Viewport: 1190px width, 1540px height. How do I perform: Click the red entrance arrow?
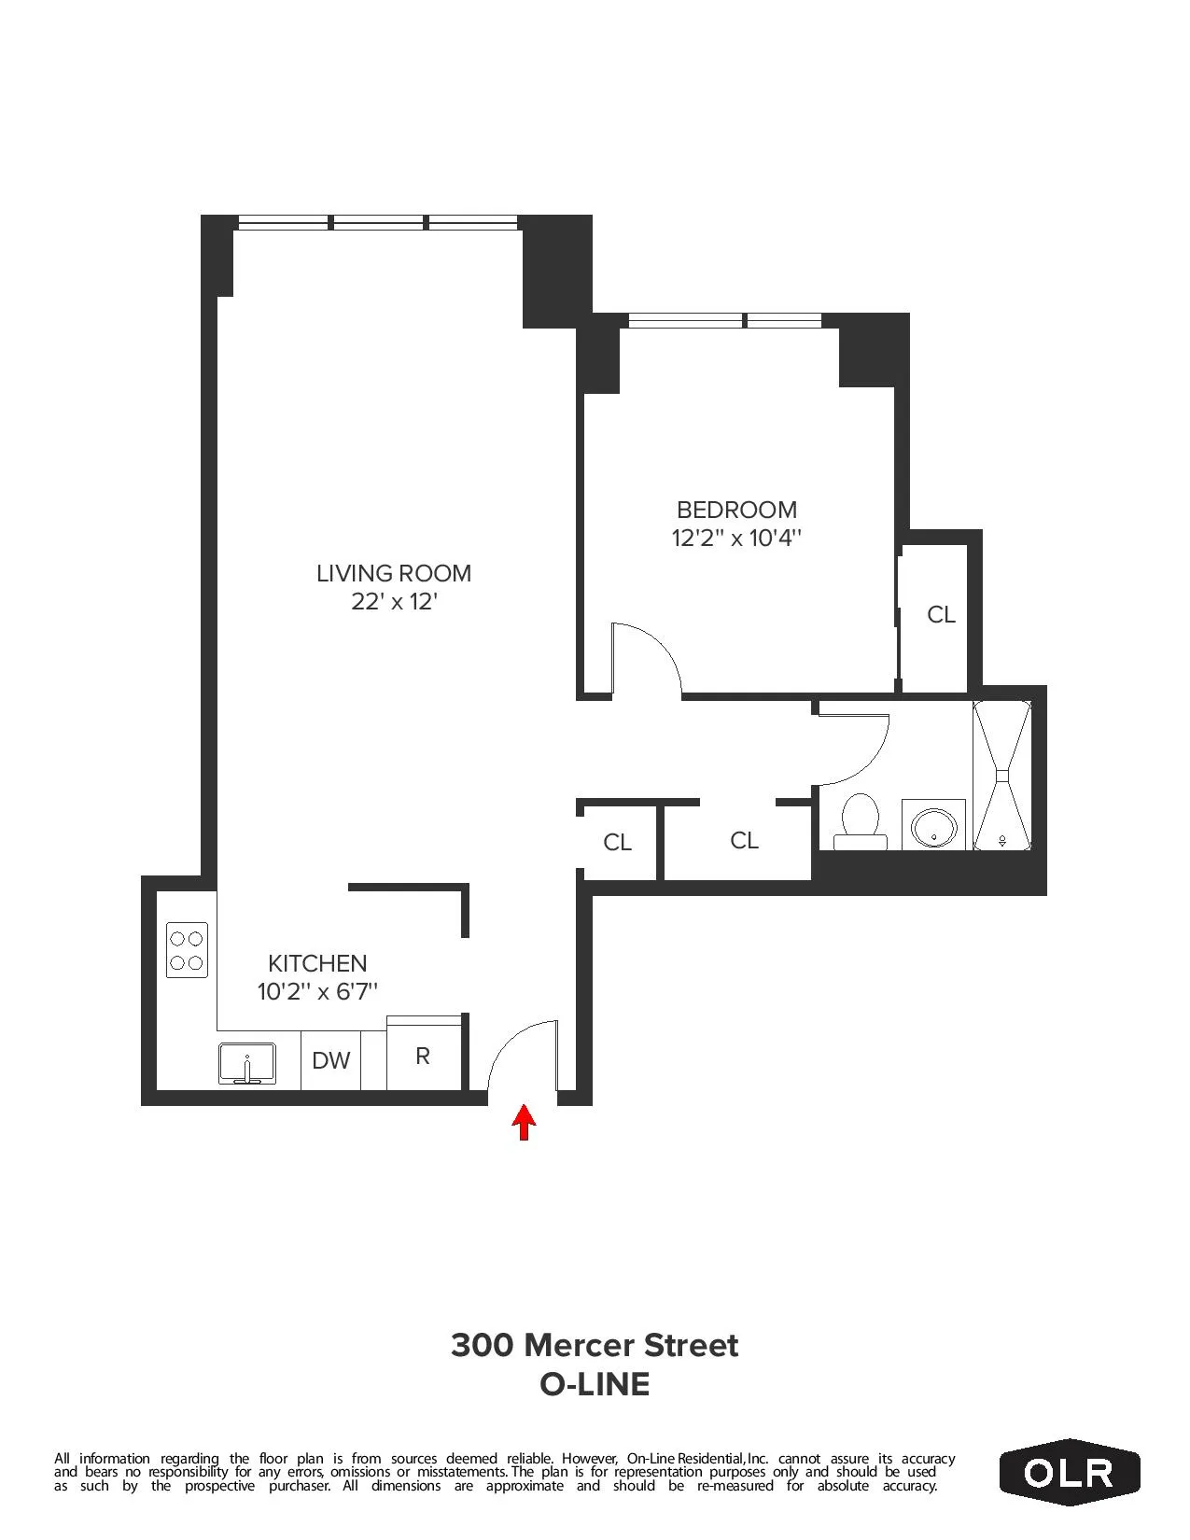point(525,1122)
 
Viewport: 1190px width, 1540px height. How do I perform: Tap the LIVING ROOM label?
point(393,573)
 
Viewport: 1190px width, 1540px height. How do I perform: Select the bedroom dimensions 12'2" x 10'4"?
point(736,539)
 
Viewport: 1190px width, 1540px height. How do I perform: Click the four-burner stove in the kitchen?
point(187,950)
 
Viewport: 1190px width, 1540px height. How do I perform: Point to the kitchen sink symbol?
point(246,1064)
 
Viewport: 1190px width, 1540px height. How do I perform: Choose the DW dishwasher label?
point(330,1061)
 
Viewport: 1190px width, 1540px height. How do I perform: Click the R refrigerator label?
point(423,1057)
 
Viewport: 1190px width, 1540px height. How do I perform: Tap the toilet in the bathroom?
point(860,821)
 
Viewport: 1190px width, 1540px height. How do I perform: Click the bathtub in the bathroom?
point(1002,776)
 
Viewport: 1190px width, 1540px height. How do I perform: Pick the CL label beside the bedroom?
point(941,614)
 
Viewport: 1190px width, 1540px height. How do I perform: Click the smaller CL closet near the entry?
point(617,843)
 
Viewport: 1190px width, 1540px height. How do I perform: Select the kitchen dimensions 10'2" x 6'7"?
point(317,991)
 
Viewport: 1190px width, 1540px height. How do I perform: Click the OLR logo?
point(1069,1472)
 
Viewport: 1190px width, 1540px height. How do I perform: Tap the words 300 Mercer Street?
point(595,1345)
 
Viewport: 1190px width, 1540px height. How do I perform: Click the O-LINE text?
point(595,1384)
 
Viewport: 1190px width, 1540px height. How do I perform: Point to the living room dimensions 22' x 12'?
point(394,602)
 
